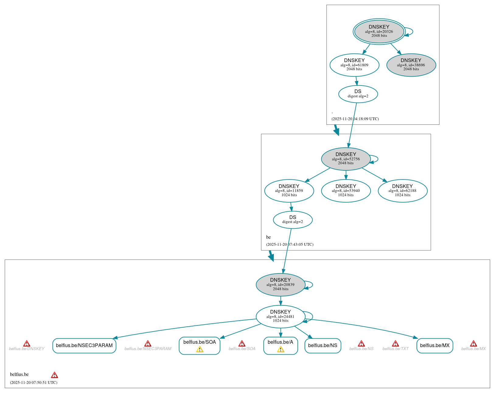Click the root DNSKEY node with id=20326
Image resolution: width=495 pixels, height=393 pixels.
[379, 31]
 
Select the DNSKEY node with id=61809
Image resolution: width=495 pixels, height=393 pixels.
[354, 65]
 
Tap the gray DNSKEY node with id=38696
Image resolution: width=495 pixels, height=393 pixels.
[411, 65]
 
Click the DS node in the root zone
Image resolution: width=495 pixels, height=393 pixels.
[358, 94]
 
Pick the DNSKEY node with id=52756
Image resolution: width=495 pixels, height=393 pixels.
[346, 159]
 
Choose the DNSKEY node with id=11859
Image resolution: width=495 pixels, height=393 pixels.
[289, 191]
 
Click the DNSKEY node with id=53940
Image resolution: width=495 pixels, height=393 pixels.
[346, 191]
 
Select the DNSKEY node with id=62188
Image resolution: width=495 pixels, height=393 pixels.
[402, 191]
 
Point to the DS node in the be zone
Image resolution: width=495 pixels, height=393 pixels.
[292, 220]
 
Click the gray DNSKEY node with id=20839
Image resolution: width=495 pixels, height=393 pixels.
[280, 285]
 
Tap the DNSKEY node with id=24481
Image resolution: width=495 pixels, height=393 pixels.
[280, 316]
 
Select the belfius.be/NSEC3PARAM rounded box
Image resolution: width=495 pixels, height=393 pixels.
[84, 346]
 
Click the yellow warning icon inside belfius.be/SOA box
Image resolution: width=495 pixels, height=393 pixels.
[200, 349]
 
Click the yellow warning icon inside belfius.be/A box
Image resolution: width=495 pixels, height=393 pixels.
[281, 349]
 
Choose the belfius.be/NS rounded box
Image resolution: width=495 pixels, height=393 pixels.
[322, 346]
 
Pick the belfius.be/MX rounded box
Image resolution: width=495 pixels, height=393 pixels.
[434, 346]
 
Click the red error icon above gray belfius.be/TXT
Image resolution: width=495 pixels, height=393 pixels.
[395, 343]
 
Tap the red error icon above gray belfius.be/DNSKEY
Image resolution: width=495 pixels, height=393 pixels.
[27, 343]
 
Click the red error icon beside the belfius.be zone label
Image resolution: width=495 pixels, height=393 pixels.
[54, 375]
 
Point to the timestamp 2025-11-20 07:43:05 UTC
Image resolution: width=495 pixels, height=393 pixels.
[290, 245]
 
